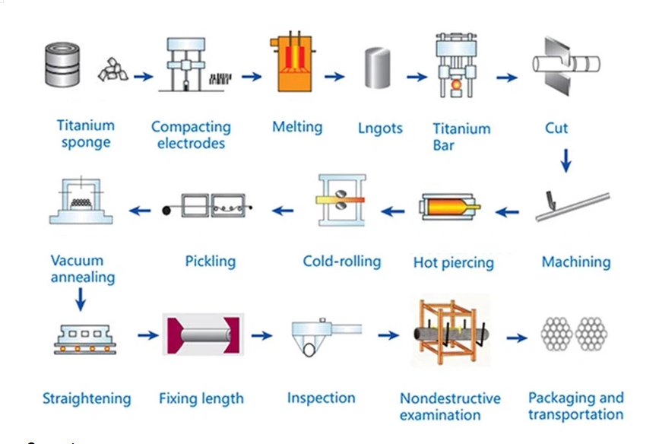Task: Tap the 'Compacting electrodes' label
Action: pyautogui.click(x=191, y=135)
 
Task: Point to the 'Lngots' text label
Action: pyautogui.click(x=380, y=128)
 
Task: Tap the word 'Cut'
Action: pyautogui.click(x=556, y=128)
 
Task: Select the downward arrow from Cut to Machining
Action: pyautogui.click(x=565, y=160)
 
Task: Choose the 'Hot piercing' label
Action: pyautogui.click(x=453, y=263)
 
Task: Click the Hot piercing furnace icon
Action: pyautogui.click(x=450, y=207)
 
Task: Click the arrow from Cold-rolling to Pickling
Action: pyautogui.click(x=284, y=210)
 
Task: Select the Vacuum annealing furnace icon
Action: pyautogui.click(x=81, y=201)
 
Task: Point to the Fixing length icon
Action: pyautogui.click(x=201, y=335)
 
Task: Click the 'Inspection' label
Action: pyautogui.click(x=321, y=398)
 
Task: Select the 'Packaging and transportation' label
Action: pyautogui.click(x=575, y=406)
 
